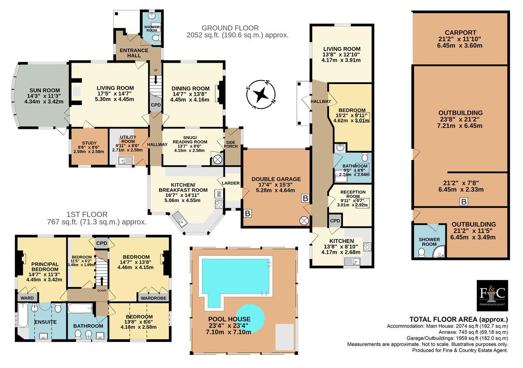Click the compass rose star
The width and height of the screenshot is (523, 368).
[x=261, y=95]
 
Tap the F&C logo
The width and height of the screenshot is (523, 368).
[x=492, y=296]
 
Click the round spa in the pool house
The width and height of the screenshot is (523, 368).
[x=251, y=318]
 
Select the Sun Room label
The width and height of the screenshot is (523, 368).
[x=44, y=90]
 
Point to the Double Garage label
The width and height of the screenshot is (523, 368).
[x=276, y=179]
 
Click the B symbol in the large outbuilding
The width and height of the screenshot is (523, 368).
[x=464, y=201]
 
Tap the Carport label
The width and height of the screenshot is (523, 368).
[x=459, y=33]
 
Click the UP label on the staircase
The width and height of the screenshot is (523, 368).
[x=156, y=70]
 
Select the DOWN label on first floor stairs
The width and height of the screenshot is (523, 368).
[x=102, y=290]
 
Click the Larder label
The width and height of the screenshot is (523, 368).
[x=231, y=183]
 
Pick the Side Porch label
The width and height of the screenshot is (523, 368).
[x=231, y=144]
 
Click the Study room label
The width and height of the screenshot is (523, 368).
[x=89, y=143]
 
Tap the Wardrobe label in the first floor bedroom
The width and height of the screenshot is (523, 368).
[x=153, y=298]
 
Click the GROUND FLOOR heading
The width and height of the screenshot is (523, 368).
[x=230, y=28]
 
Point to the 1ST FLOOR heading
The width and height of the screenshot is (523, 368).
[x=87, y=214]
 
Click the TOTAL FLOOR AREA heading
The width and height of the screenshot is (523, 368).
[x=458, y=319]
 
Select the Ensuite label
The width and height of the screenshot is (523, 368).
[x=45, y=322]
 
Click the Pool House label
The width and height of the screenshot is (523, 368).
[x=229, y=319]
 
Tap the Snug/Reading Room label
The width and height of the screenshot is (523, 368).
[x=190, y=139]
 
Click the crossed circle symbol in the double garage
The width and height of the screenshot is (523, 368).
[x=304, y=221]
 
